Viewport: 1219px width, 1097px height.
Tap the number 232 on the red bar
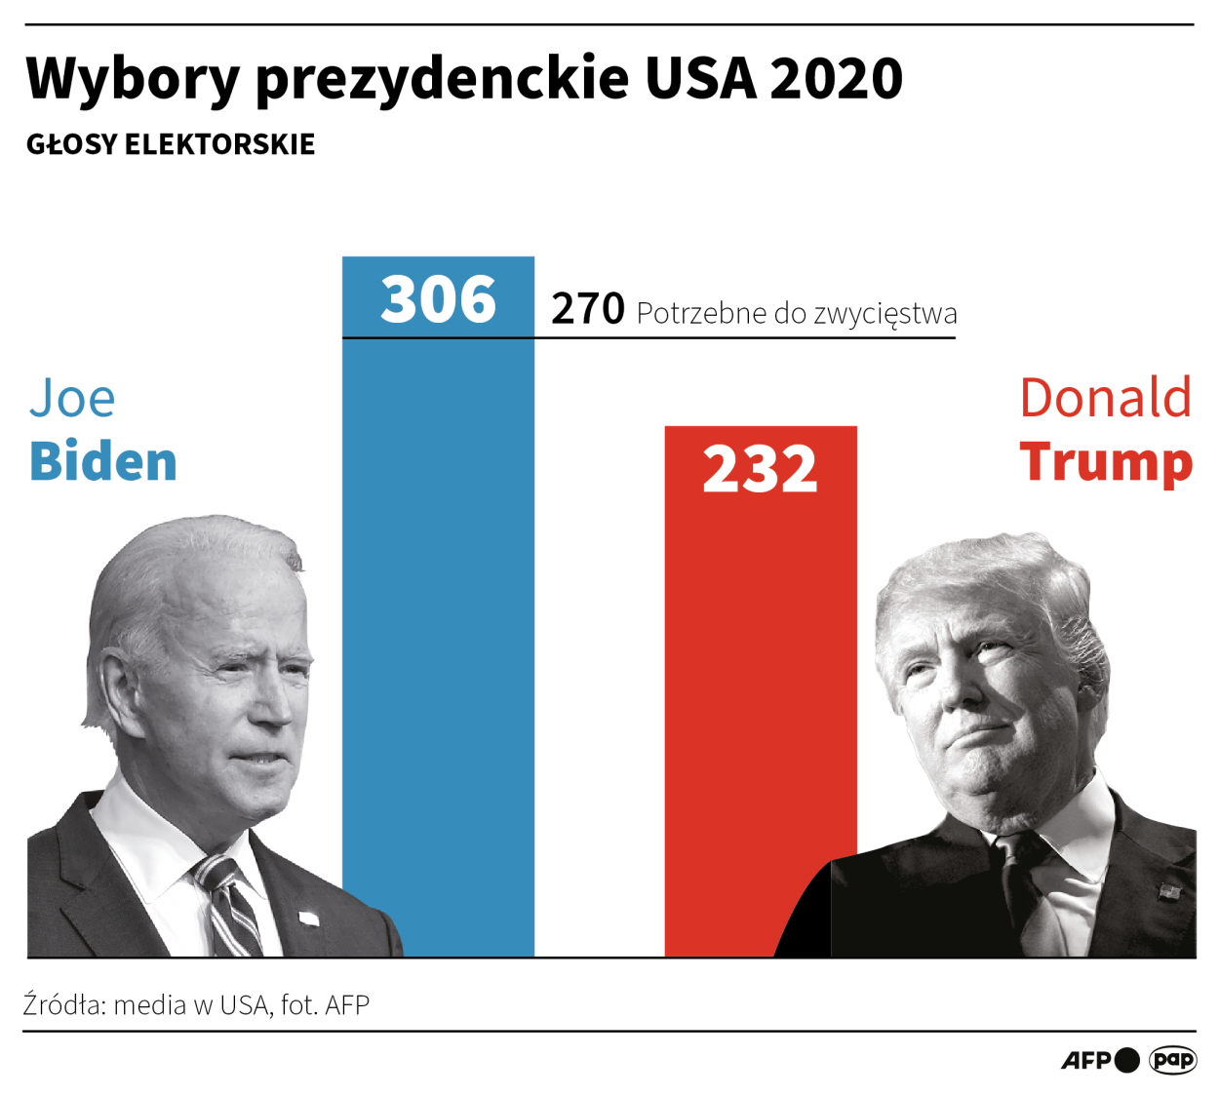pos(760,469)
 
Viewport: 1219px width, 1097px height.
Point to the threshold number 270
pos(587,309)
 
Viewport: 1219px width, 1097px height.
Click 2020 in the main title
pos(837,78)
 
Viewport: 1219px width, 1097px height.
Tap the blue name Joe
pos(72,398)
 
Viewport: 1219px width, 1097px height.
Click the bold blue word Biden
pos(103,461)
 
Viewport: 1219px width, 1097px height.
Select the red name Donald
pos(1105,398)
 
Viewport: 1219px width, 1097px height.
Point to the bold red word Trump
pos(1106,461)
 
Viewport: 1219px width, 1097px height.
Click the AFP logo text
pos(1085,1060)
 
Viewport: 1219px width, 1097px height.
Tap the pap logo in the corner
pos(1173,1060)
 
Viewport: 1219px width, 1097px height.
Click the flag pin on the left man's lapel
pos(308,919)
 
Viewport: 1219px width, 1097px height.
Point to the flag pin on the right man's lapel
pos(1168,891)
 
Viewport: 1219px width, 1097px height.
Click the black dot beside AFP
pos(1127,1060)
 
